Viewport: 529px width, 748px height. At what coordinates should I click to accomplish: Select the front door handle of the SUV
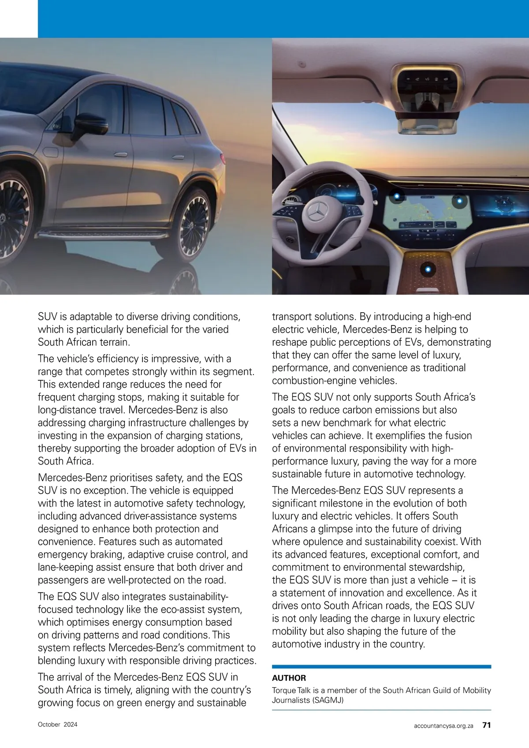click(121, 154)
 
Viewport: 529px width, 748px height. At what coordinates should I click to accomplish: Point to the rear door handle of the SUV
click(178, 157)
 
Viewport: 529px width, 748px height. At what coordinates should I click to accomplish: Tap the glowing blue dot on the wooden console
click(427, 269)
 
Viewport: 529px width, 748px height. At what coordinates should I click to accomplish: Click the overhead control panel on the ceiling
click(425, 81)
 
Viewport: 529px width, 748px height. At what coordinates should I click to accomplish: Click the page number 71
click(487, 725)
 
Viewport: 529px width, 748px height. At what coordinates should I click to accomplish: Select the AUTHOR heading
click(289, 678)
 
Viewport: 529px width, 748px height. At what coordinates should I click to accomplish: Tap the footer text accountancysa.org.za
click(443, 726)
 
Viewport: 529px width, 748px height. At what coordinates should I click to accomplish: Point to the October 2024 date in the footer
click(57, 724)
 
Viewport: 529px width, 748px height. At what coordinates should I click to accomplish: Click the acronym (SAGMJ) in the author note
click(328, 700)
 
